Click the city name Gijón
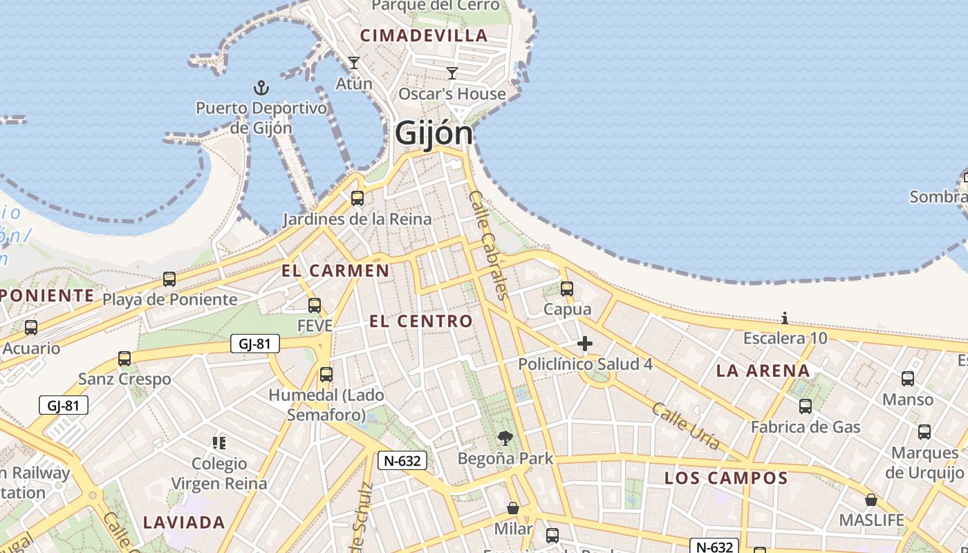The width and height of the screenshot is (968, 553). click(434, 133)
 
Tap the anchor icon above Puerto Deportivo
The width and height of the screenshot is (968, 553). click(261, 88)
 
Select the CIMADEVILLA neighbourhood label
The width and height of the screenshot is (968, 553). click(424, 35)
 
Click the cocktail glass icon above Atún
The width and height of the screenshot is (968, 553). click(354, 63)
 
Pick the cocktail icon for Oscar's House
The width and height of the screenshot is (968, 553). click(452, 73)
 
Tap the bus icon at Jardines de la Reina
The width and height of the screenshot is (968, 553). click(357, 198)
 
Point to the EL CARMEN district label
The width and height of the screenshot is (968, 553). click(335, 270)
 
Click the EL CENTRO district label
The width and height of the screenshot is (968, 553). click(420, 321)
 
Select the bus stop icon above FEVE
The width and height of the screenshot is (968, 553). click(315, 305)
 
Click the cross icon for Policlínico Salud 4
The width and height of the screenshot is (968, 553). click(585, 343)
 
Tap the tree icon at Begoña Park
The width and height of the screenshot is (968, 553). click(505, 438)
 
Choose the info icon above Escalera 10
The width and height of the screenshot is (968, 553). click(785, 318)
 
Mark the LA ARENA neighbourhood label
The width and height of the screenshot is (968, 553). click(763, 371)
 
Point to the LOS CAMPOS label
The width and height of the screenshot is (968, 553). click(726, 478)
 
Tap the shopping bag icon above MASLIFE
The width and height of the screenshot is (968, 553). click(871, 499)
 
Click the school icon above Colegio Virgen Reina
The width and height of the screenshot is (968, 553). click(219, 442)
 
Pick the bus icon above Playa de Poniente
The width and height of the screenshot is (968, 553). click(169, 279)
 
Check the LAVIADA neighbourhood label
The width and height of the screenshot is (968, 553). click(184, 522)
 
